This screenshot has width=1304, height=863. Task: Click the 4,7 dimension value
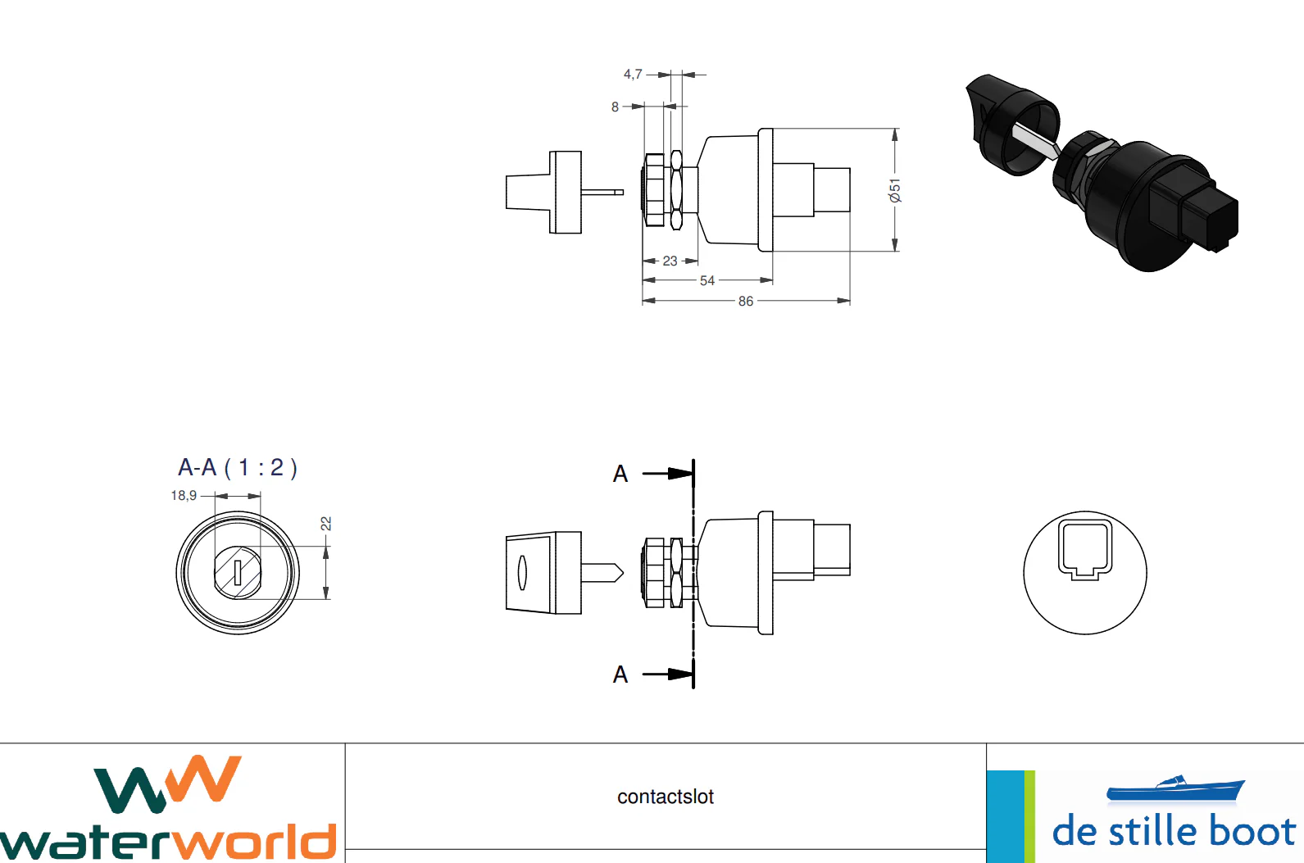click(632, 75)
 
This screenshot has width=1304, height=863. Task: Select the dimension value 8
click(615, 107)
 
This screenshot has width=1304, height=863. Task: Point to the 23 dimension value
click(670, 261)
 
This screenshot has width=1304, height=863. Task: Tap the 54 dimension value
click(707, 281)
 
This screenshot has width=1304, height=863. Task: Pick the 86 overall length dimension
click(745, 302)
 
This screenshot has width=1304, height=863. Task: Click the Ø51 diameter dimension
click(895, 190)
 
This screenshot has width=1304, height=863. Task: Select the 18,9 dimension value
click(184, 496)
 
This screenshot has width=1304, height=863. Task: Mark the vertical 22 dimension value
click(326, 523)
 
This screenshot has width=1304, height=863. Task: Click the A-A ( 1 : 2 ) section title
click(238, 468)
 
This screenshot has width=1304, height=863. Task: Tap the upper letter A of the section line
click(620, 475)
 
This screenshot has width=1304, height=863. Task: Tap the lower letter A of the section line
click(620, 675)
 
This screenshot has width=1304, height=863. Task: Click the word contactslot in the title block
click(666, 797)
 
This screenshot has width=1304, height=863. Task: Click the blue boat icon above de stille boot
click(1175, 788)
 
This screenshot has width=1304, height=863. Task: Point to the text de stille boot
click(1174, 831)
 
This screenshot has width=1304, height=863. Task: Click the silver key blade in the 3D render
click(1034, 142)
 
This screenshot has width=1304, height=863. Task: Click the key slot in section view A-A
click(238, 572)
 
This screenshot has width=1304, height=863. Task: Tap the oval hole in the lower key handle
click(522, 572)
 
